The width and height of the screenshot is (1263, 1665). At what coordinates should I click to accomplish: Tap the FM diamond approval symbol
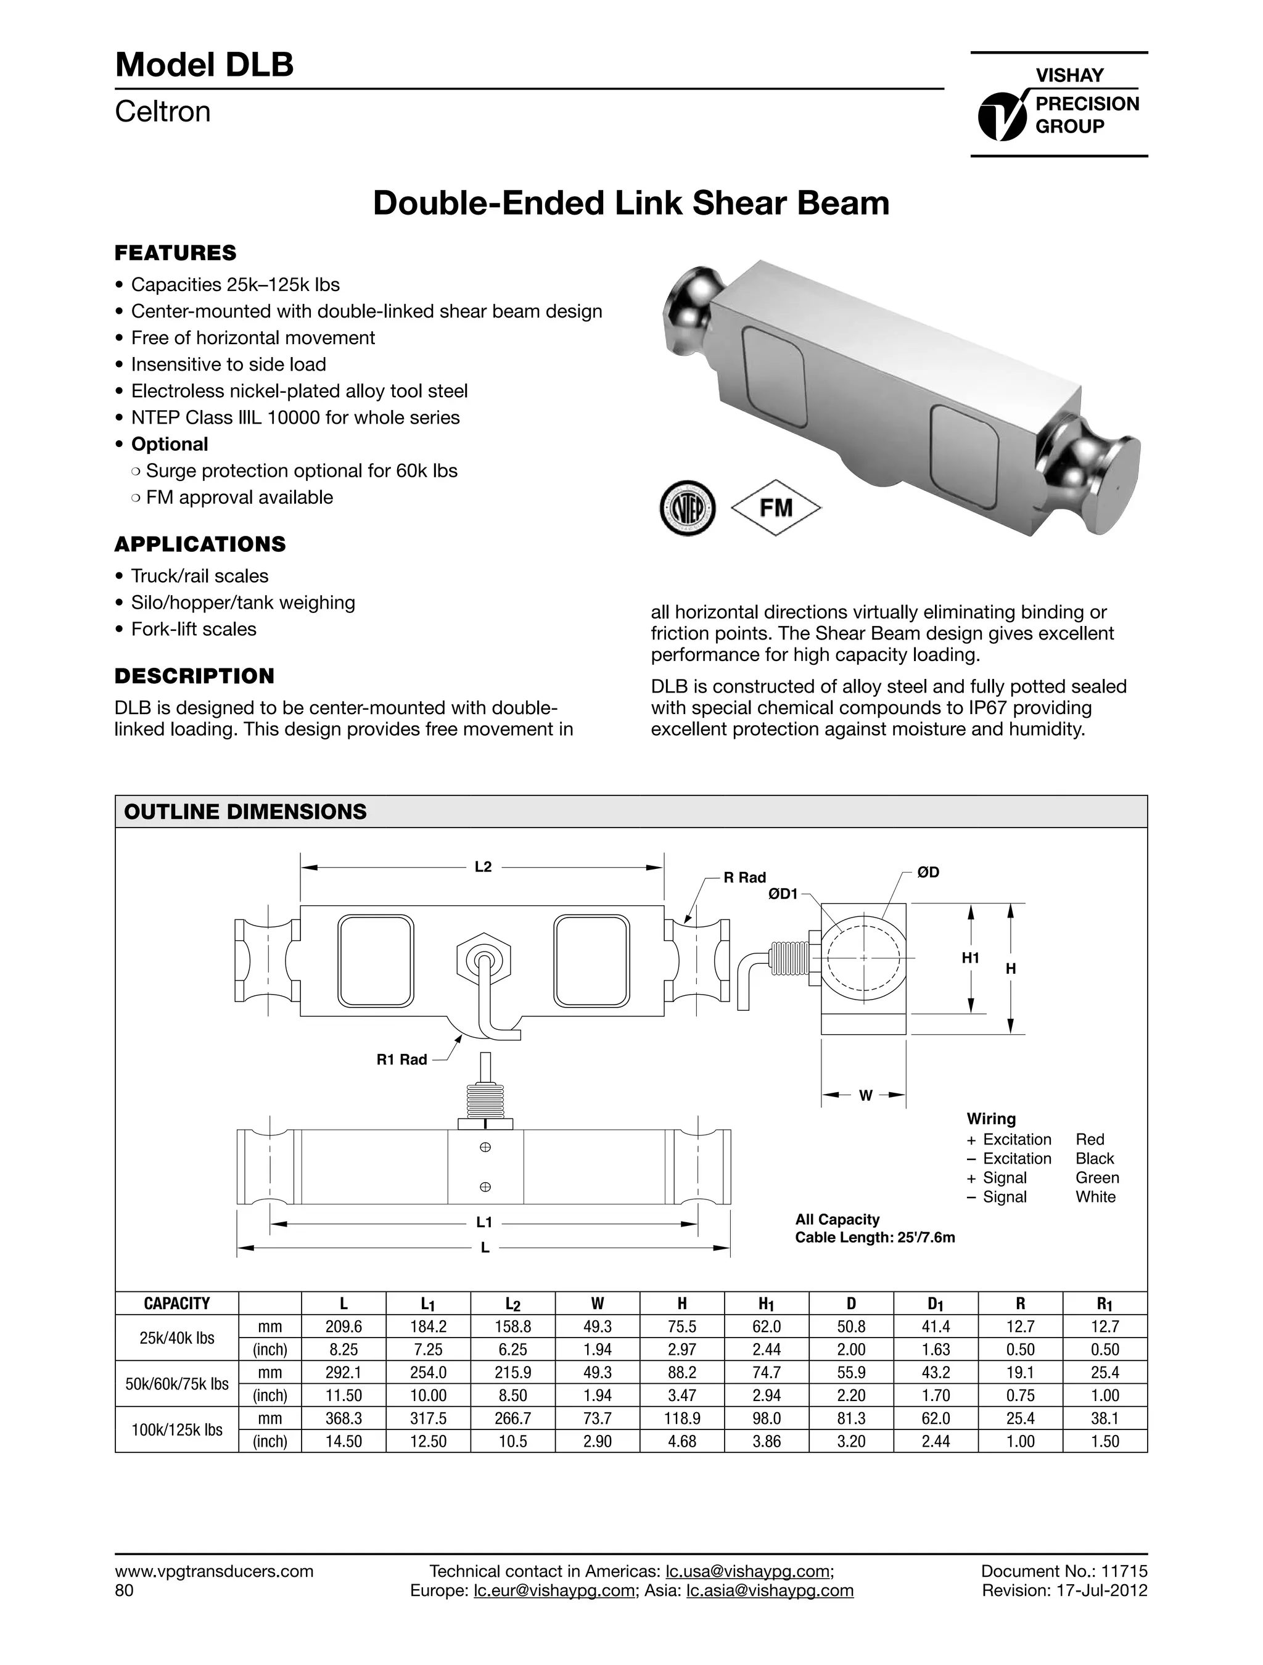(776, 508)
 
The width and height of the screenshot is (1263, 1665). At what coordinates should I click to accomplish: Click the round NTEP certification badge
(686, 508)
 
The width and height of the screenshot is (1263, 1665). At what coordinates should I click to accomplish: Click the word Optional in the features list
(170, 444)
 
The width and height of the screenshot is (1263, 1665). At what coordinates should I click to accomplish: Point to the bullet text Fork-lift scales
(194, 629)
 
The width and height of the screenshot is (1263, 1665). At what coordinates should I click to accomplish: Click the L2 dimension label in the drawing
(483, 867)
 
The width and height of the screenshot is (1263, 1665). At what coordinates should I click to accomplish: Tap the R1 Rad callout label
(401, 1060)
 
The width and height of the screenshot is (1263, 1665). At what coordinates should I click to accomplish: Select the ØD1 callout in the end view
(782, 894)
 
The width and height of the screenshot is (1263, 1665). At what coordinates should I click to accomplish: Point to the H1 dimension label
(970, 958)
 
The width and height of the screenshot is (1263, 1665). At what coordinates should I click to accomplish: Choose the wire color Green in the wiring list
(1096, 1178)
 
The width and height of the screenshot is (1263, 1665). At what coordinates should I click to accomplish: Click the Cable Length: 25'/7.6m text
(874, 1238)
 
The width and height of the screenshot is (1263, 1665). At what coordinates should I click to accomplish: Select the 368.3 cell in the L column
(344, 1418)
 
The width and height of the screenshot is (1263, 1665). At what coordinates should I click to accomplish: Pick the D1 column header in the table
(935, 1304)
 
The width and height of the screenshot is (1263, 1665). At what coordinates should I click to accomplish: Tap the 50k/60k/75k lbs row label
(177, 1383)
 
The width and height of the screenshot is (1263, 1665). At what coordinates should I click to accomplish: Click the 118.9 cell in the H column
(682, 1418)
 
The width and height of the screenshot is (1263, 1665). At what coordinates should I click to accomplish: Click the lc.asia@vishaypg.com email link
(770, 1590)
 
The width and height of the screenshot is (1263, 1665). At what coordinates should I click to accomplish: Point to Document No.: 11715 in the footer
(1064, 1571)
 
